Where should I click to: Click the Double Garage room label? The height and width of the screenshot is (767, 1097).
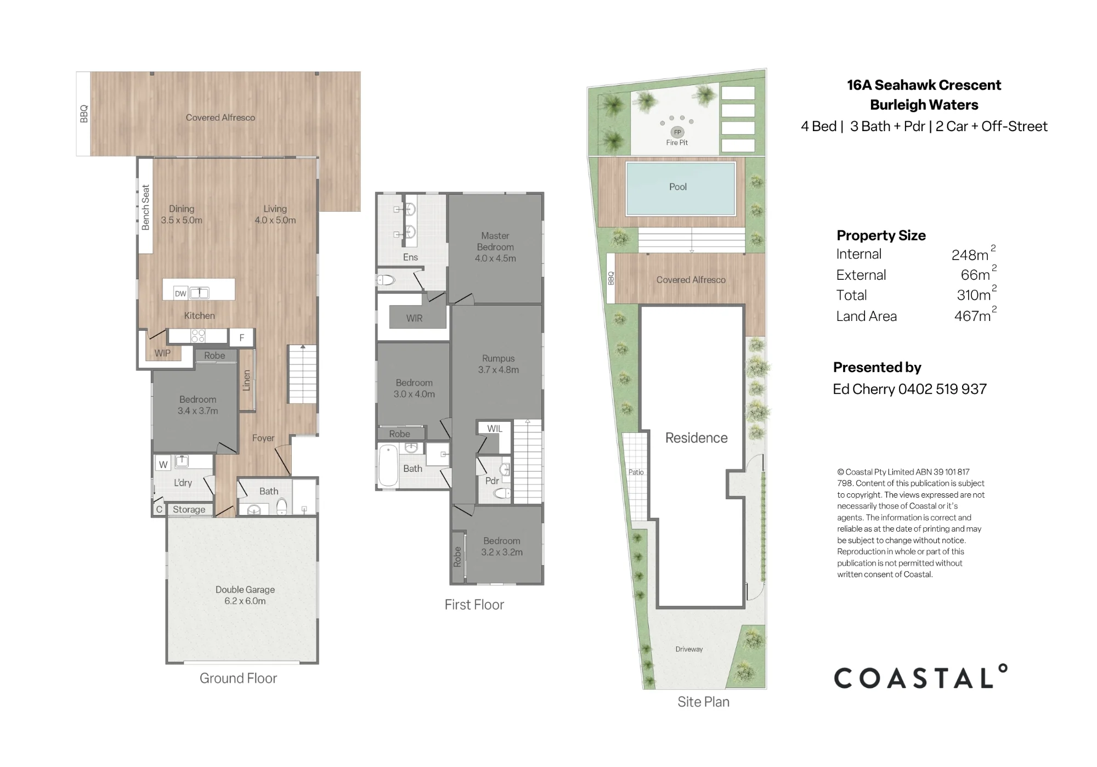pos(245,590)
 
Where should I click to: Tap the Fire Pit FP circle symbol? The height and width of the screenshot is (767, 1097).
pos(677,132)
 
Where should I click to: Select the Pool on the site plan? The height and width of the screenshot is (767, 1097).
pos(680,188)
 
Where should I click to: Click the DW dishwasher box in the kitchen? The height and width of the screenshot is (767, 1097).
pos(180,294)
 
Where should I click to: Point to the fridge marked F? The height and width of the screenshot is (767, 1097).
pos(241,338)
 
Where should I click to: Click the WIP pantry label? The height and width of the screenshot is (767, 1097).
pos(162,353)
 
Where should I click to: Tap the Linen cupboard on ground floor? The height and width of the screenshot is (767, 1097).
pos(247,380)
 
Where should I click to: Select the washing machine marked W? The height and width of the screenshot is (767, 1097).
pos(163,464)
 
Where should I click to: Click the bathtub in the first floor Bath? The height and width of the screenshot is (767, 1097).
pos(388,466)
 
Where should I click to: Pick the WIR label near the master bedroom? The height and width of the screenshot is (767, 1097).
pos(414,318)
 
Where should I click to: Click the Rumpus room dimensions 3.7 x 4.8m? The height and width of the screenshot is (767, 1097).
pos(498,370)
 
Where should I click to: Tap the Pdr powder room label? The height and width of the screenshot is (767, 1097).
pos(492,481)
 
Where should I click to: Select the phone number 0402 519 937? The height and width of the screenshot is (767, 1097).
pos(942,389)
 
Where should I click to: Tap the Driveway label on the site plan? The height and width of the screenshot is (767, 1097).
pos(689,649)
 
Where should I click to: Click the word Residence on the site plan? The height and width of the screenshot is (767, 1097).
pos(697,438)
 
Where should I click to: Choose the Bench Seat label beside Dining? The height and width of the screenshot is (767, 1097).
pos(145,207)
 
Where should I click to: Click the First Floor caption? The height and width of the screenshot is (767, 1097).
pos(474,605)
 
